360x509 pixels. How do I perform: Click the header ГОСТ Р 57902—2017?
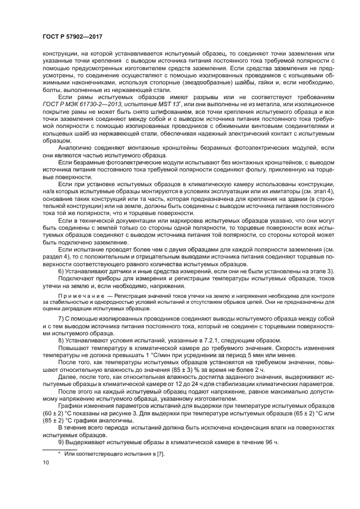[73, 36]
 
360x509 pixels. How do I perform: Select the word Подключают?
[77, 278]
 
